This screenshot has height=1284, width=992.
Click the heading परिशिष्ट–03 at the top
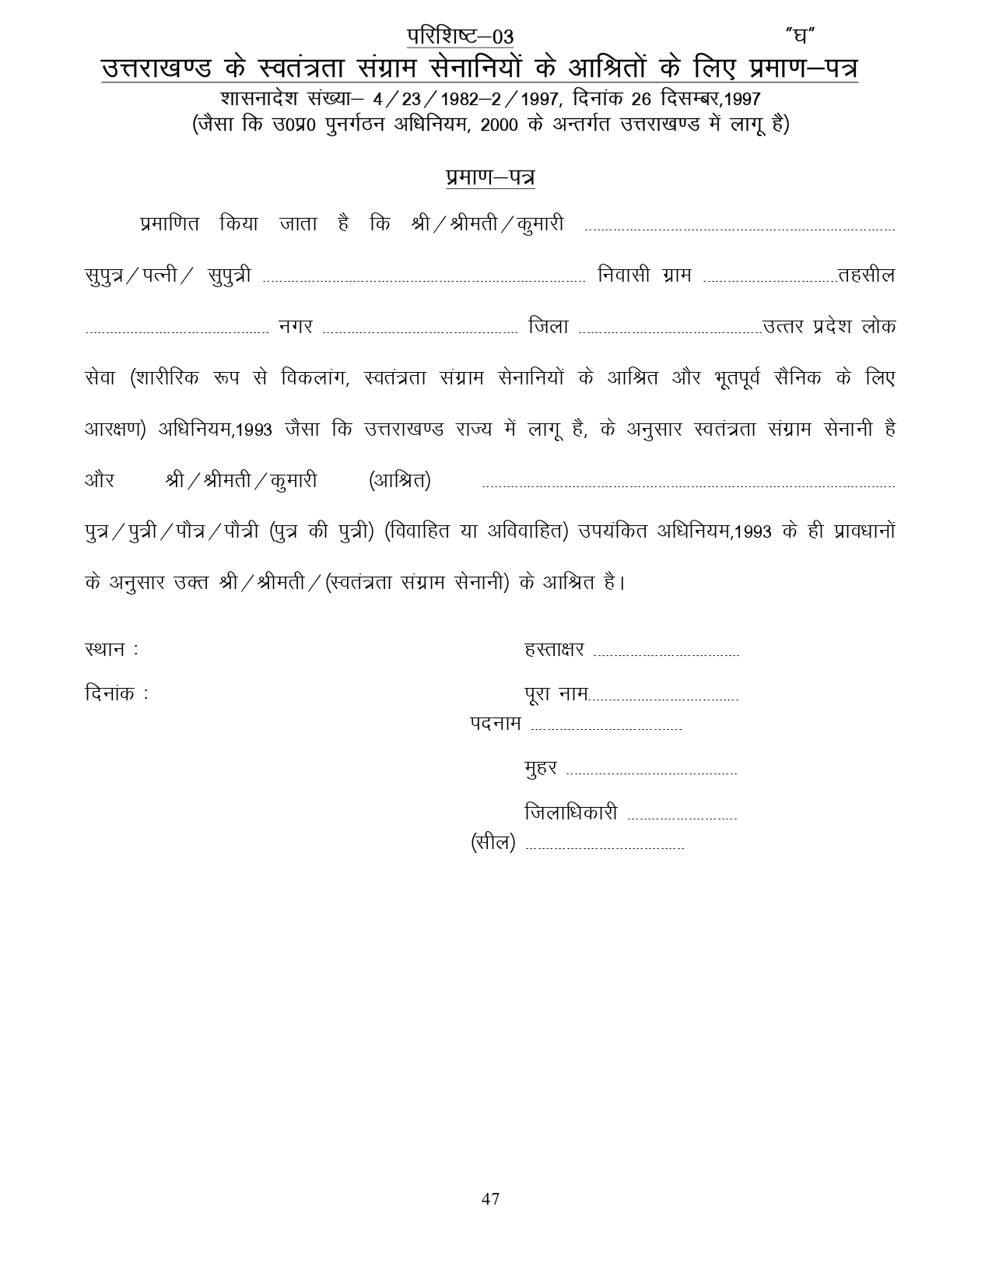tap(460, 37)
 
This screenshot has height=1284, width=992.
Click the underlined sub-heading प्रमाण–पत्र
tap(490, 177)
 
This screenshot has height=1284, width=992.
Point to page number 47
tap(490, 1198)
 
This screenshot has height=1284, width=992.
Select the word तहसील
tap(866, 275)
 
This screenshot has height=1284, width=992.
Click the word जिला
tap(549, 327)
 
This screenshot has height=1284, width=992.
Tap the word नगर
tap(296, 327)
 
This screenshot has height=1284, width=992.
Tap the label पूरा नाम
tap(556, 693)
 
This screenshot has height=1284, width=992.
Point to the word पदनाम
tap(496, 724)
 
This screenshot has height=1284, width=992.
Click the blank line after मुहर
tap(651, 774)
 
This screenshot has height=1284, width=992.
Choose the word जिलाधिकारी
tap(571, 813)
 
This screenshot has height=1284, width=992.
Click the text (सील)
tap(493, 843)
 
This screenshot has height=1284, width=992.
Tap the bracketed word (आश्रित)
tap(399, 481)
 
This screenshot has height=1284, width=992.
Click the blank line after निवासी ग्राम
tap(769, 281)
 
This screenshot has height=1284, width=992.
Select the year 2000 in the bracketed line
tap(500, 125)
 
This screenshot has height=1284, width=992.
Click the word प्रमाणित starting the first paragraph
tap(170, 224)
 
